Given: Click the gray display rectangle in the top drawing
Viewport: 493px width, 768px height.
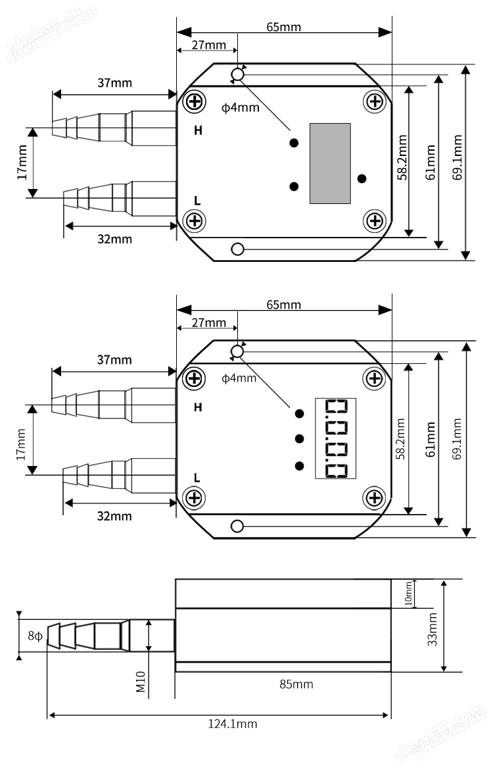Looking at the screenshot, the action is (330, 163).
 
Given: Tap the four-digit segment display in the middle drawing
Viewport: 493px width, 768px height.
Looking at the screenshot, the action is (335, 438).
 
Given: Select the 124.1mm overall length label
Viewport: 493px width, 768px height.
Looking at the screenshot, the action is (233, 723).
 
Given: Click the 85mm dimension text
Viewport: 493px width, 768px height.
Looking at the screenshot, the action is (296, 684).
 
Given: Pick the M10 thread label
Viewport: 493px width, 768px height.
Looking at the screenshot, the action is (141, 681).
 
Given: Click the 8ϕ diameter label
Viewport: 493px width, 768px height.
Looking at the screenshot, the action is (35, 636).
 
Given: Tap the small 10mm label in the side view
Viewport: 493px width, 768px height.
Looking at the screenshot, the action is (409, 594).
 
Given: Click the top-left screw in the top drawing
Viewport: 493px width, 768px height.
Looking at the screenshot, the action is (195, 102).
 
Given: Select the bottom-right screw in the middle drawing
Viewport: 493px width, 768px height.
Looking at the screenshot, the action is (375, 498).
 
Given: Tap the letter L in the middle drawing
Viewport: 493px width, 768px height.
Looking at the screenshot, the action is (197, 478).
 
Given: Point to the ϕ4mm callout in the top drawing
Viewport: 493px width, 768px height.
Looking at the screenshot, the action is (241, 107).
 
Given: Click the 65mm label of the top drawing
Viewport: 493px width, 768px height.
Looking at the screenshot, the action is (284, 27).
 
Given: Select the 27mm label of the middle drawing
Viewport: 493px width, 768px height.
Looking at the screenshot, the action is (209, 322).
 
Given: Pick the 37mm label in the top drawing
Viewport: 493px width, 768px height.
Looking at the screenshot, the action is (115, 83).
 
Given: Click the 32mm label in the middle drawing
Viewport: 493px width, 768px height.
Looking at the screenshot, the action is (114, 516).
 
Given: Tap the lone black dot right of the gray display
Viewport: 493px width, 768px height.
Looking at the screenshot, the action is (362, 179).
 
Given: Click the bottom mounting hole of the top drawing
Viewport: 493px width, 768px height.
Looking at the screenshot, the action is (238, 249).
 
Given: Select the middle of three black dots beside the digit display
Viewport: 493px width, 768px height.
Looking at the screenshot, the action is (300, 438).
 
